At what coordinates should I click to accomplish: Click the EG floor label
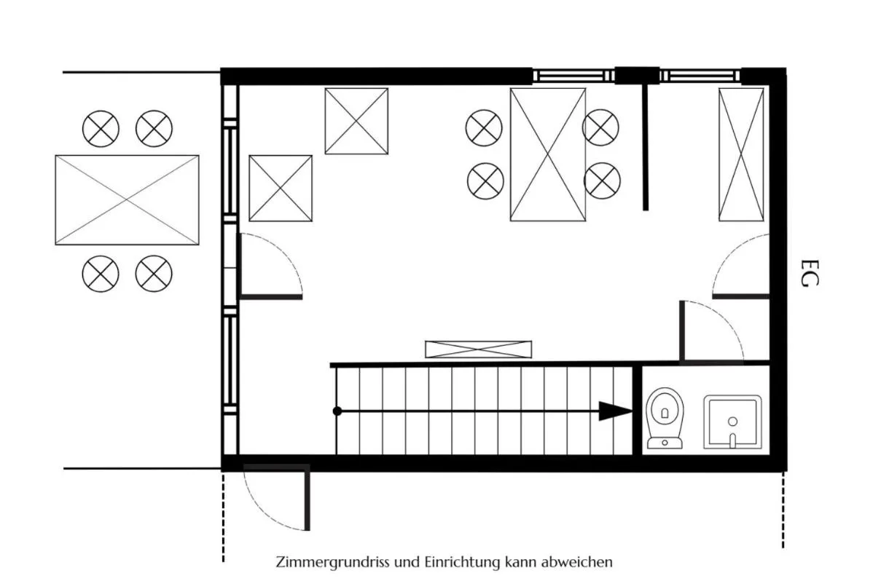(x=810, y=273)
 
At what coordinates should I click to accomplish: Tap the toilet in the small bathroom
(x=665, y=419)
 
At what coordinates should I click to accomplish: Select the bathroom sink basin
(x=732, y=422)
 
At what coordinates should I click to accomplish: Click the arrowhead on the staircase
(x=615, y=411)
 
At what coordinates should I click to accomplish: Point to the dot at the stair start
(x=337, y=411)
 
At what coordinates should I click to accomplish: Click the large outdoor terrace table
(x=127, y=200)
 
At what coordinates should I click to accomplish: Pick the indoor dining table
(x=548, y=154)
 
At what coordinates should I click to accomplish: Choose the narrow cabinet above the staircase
(x=478, y=349)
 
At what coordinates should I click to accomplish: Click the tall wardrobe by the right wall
(x=741, y=154)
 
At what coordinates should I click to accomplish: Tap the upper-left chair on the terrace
(x=101, y=128)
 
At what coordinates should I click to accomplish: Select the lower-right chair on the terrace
(x=154, y=274)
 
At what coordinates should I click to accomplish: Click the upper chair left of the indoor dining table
(x=484, y=127)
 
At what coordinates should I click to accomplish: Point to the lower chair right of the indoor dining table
(x=602, y=181)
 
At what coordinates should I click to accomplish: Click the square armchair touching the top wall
(x=356, y=121)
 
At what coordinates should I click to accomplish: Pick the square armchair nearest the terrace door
(x=281, y=188)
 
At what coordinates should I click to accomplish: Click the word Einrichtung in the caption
(x=461, y=562)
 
